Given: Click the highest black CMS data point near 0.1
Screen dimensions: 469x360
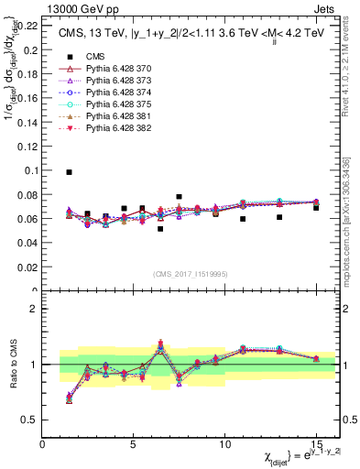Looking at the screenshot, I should pyautogui.click(x=70, y=171).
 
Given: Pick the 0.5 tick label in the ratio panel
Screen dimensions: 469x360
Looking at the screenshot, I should pyautogui.click(x=31, y=420).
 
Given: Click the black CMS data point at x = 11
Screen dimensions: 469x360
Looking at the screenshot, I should pyautogui.click(x=243, y=219).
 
